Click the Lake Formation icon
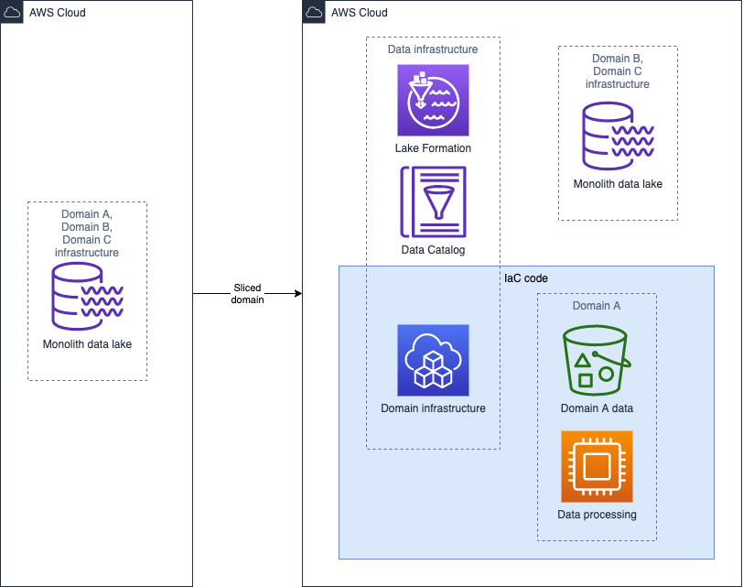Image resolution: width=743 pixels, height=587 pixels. point(433,100)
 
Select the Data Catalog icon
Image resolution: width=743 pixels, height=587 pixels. point(433,201)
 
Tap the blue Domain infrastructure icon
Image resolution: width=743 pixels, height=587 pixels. point(433,360)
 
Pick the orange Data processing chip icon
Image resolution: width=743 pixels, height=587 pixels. point(597,467)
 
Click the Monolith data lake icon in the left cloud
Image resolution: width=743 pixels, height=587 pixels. point(87,296)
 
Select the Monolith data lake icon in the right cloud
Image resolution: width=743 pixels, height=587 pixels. point(618,136)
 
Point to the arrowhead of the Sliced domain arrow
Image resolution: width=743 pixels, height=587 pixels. point(297,294)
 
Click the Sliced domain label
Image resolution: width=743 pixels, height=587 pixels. point(247,294)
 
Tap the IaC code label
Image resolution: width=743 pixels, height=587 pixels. point(526,277)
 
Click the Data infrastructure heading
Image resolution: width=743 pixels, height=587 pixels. point(433,49)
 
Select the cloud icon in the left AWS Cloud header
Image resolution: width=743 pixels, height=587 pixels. point(12,12)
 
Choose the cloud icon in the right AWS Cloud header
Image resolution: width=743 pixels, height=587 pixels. point(314,12)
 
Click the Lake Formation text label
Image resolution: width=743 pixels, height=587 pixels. point(433,147)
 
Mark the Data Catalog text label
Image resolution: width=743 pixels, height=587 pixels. point(433,250)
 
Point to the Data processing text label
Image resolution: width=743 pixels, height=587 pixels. point(597,515)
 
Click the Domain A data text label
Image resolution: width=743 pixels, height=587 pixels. point(597,408)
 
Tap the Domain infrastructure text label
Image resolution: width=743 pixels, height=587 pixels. point(433,408)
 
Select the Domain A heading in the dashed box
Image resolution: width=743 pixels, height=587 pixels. point(597,305)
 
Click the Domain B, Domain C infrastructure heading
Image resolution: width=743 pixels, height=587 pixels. point(618,71)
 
